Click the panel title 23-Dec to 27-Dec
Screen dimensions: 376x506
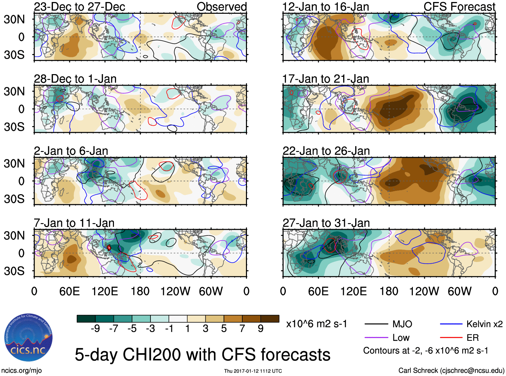click(79, 7)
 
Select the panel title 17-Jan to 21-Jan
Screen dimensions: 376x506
click(325, 79)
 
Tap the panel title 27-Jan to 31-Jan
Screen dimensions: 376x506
click(326, 223)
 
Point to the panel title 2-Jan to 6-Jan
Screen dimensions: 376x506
click(71, 151)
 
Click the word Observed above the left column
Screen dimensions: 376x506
click(222, 7)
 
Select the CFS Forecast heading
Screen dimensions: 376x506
click(459, 7)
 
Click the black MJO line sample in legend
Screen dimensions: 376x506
click(376, 324)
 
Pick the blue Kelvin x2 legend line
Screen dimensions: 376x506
click(451, 324)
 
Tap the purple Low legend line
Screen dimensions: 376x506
click(376, 338)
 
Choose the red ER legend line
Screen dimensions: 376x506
click(451, 338)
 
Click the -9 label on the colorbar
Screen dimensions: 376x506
click(95, 329)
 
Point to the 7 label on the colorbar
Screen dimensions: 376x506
click(242, 329)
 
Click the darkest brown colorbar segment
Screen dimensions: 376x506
click(270, 319)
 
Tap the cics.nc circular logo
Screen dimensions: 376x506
click(28, 338)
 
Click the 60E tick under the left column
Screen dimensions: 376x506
click(69, 291)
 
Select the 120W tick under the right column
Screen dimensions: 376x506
click(424, 291)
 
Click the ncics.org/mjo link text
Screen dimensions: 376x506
click(21, 371)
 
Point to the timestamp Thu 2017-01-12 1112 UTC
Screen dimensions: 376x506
click(253, 371)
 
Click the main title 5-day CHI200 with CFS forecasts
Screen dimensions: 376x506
click(202, 355)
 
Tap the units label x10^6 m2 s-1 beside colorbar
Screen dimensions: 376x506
click(316, 324)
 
